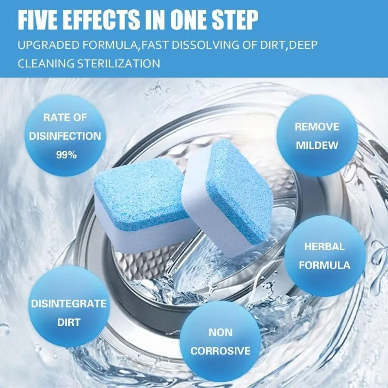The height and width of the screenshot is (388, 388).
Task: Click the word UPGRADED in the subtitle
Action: (48, 45)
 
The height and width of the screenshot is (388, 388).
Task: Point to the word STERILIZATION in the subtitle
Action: (119, 64)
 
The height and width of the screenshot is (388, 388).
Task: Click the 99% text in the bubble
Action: (66, 155)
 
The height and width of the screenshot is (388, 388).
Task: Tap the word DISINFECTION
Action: (65, 136)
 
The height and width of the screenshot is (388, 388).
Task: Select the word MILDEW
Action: (317, 145)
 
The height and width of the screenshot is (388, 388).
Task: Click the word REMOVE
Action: (317, 127)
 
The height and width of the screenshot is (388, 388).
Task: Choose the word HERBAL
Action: (324, 246)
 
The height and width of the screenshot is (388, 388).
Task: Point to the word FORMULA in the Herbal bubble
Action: (324, 265)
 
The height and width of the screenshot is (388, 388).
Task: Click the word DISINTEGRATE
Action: (69, 304)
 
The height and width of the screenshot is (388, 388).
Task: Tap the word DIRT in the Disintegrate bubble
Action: (69, 322)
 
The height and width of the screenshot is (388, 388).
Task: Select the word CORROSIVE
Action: (221, 351)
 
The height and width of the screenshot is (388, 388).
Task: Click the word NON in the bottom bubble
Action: (221, 332)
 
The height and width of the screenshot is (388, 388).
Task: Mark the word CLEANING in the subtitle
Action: (46, 64)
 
